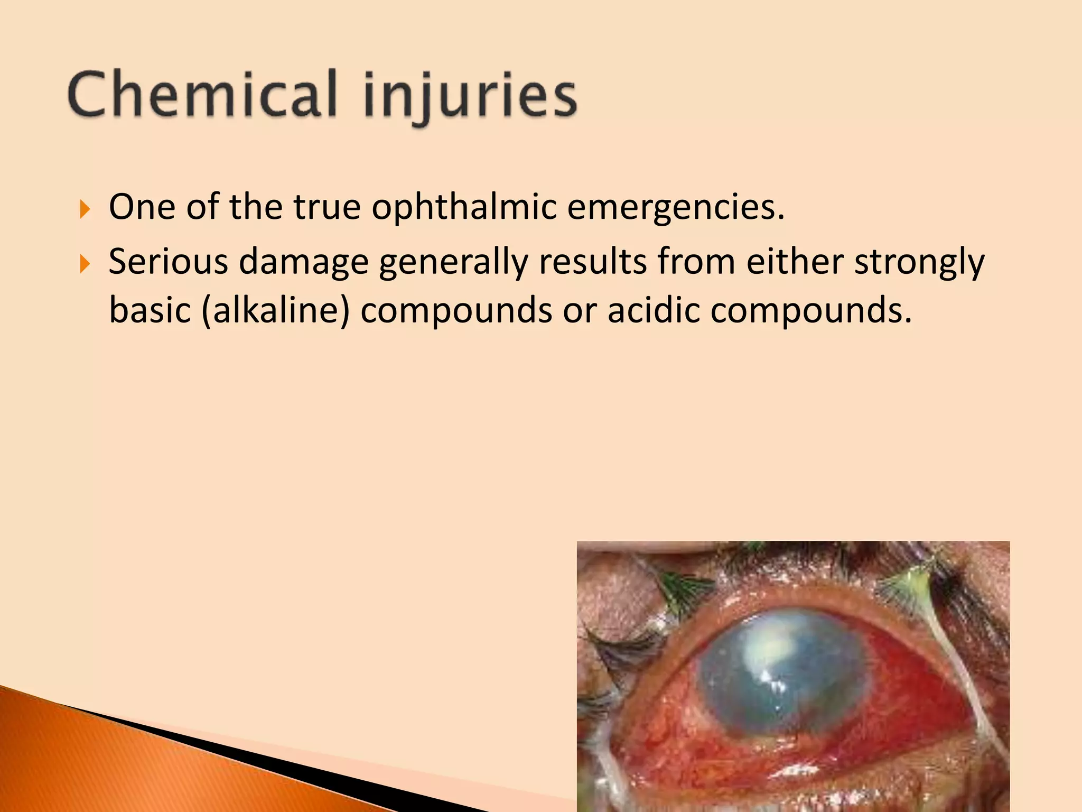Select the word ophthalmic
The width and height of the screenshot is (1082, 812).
(464, 207)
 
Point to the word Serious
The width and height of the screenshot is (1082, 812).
(168, 262)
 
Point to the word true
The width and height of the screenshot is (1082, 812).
(327, 207)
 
